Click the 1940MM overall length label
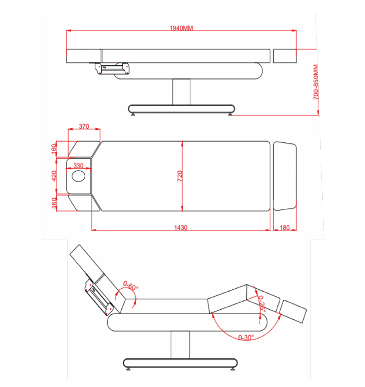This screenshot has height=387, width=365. [181, 28]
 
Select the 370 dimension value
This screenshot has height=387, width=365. [84, 127]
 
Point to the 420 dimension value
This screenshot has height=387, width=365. [54, 175]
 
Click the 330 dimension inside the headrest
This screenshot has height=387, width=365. [78, 165]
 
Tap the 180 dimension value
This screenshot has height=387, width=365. [285, 228]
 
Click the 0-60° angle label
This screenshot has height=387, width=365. [130, 287]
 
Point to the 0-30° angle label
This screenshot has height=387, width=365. [246, 337]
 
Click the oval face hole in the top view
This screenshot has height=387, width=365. [79, 177]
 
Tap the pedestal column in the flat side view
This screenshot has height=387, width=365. [181, 92]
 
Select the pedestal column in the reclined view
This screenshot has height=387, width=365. [180, 346]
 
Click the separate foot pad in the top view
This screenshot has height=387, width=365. [285, 176]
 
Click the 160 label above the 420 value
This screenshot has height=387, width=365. [54, 149]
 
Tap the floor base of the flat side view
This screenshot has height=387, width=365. [181, 109]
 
